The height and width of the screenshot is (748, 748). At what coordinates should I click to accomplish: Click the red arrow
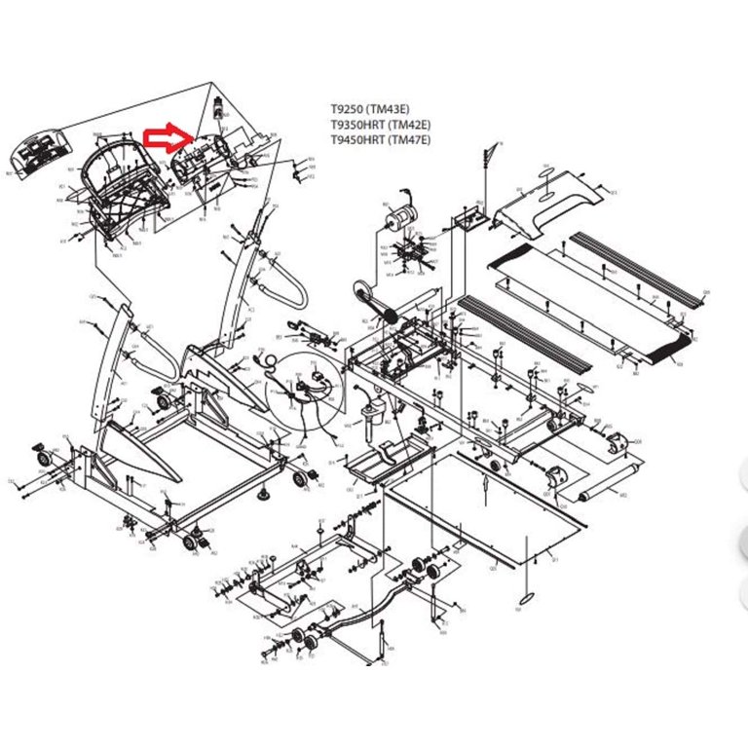click(167, 139)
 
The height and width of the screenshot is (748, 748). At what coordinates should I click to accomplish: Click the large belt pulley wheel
click(363, 289)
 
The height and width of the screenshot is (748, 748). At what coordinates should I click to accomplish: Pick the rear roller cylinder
click(600, 495)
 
